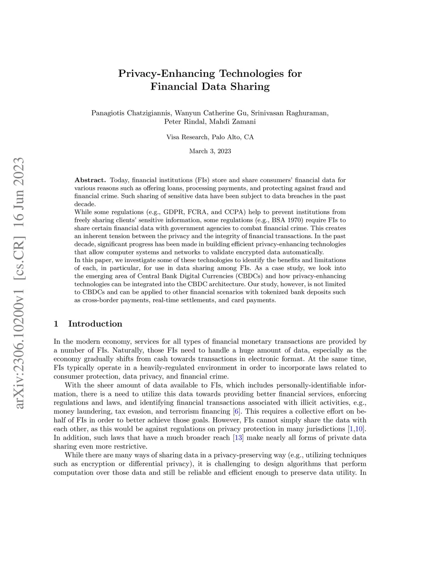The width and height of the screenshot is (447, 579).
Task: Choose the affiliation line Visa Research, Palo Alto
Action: [210, 137]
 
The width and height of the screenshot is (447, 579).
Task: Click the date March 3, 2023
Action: [210, 151]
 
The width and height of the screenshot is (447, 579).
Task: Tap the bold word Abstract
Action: [90, 180]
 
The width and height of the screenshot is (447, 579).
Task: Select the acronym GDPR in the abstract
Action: [172, 212]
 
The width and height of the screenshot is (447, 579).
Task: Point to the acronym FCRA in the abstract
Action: [197, 212]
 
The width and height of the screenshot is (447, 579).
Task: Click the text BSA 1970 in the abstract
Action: [285, 220]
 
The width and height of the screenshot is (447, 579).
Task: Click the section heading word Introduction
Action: [95, 324]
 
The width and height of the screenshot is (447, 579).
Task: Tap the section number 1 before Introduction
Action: [56, 324]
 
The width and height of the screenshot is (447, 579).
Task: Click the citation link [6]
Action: [236, 412]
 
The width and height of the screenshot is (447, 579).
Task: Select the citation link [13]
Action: [238, 438]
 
